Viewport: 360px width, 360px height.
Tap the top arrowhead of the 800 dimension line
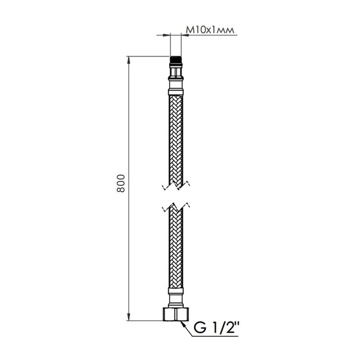coord(130,59)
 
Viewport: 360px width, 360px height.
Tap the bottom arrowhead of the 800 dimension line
coord(130,318)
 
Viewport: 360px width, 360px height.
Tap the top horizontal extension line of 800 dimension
coord(148,56)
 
